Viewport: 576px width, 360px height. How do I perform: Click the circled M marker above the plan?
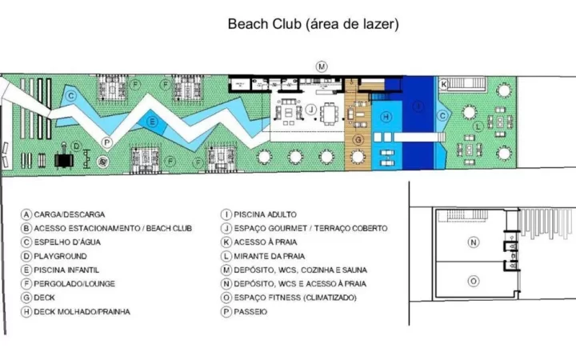(x=322, y=67)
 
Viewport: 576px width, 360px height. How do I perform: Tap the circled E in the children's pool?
(x=152, y=122)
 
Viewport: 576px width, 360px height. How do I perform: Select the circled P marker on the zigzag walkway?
(x=106, y=142)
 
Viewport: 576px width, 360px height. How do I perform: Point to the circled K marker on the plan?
(x=443, y=85)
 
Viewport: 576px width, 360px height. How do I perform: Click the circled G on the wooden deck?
(x=358, y=139)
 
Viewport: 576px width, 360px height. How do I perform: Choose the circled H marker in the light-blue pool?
(x=386, y=117)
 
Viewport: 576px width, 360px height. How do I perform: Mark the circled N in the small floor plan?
(x=473, y=242)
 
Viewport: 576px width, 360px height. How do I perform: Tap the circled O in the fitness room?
(x=473, y=282)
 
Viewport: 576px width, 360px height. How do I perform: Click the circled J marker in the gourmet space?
(x=310, y=109)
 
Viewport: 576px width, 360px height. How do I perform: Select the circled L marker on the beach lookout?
(x=478, y=126)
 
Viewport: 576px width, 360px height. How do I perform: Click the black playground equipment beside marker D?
(x=64, y=158)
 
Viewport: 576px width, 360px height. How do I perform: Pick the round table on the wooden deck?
(x=358, y=157)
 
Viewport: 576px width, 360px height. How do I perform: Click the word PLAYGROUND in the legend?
(x=60, y=256)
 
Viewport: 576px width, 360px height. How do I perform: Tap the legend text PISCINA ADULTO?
(x=266, y=214)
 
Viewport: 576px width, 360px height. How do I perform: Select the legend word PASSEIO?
(x=250, y=312)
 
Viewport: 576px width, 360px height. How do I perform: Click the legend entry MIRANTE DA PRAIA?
(x=270, y=256)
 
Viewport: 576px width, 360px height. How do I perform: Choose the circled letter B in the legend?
(x=26, y=229)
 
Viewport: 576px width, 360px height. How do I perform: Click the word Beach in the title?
(x=248, y=24)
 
